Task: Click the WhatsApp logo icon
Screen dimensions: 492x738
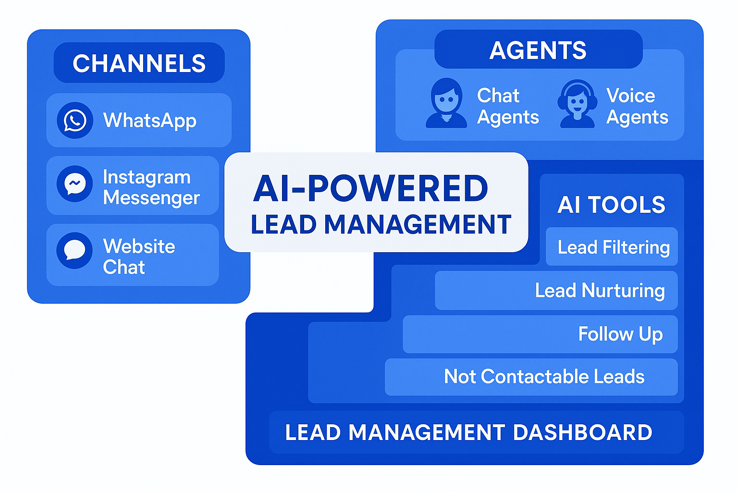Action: tap(75, 120)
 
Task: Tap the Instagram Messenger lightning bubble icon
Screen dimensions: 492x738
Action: tap(75, 184)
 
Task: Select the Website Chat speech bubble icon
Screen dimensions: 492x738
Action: tap(74, 250)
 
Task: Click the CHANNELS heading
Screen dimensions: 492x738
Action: tap(139, 63)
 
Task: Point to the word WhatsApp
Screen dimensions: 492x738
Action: tap(149, 120)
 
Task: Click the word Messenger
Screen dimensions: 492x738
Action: tap(151, 197)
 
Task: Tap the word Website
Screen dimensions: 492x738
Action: tap(139, 246)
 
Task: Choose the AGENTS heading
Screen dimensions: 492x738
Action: tap(538, 50)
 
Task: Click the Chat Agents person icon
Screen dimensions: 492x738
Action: tap(446, 103)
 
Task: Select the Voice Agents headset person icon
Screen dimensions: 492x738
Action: tap(577, 104)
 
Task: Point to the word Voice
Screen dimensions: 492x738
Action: tap(630, 96)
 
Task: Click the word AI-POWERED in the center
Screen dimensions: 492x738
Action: tap(370, 188)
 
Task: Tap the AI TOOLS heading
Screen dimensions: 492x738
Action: tap(611, 205)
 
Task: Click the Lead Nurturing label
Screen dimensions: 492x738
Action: tap(600, 290)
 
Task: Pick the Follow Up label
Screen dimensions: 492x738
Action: tap(620, 334)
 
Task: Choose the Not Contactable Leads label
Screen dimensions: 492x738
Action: tap(544, 377)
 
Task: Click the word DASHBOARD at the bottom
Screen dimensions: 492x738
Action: tap(582, 432)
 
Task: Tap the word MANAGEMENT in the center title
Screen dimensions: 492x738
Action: tap(418, 224)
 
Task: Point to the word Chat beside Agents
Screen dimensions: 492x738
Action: tap(498, 96)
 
